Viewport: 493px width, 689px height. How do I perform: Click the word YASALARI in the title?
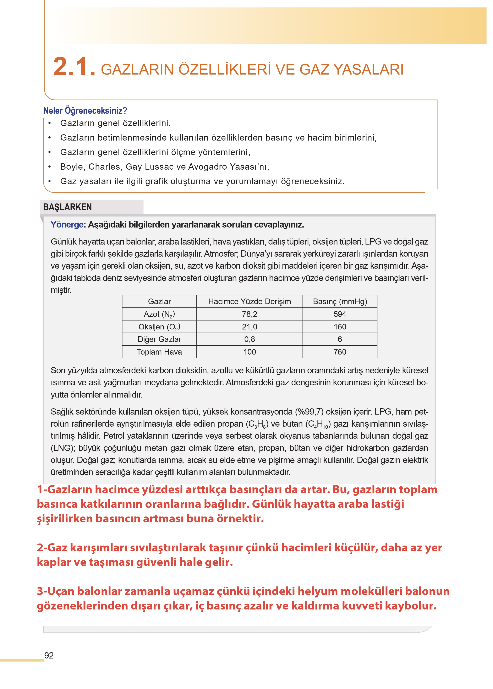368,70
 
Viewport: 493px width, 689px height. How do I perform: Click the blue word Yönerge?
68,225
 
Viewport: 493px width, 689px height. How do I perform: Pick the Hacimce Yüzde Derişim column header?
249,301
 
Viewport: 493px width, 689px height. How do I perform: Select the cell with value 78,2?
249,314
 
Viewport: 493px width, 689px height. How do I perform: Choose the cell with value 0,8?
249,339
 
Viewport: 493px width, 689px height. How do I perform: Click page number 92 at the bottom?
49,656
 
